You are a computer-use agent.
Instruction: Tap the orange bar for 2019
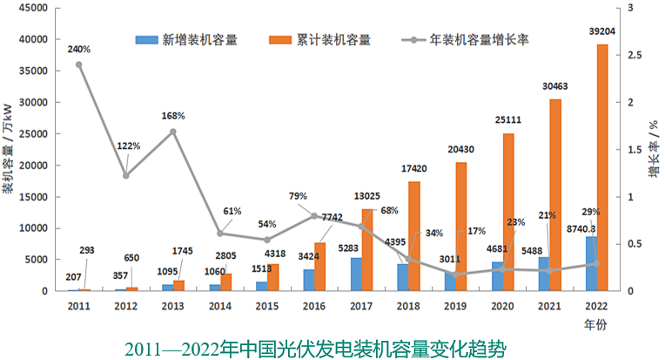pos(461,227)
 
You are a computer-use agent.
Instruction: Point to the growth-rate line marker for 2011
pos(78,65)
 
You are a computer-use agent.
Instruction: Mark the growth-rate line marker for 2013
pos(172,132)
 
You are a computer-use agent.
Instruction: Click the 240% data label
pos(78,49)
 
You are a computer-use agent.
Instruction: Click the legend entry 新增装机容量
pos(187,39)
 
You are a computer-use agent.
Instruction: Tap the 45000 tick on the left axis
pos(32,8)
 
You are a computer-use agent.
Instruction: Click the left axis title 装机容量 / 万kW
pos(8,148)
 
